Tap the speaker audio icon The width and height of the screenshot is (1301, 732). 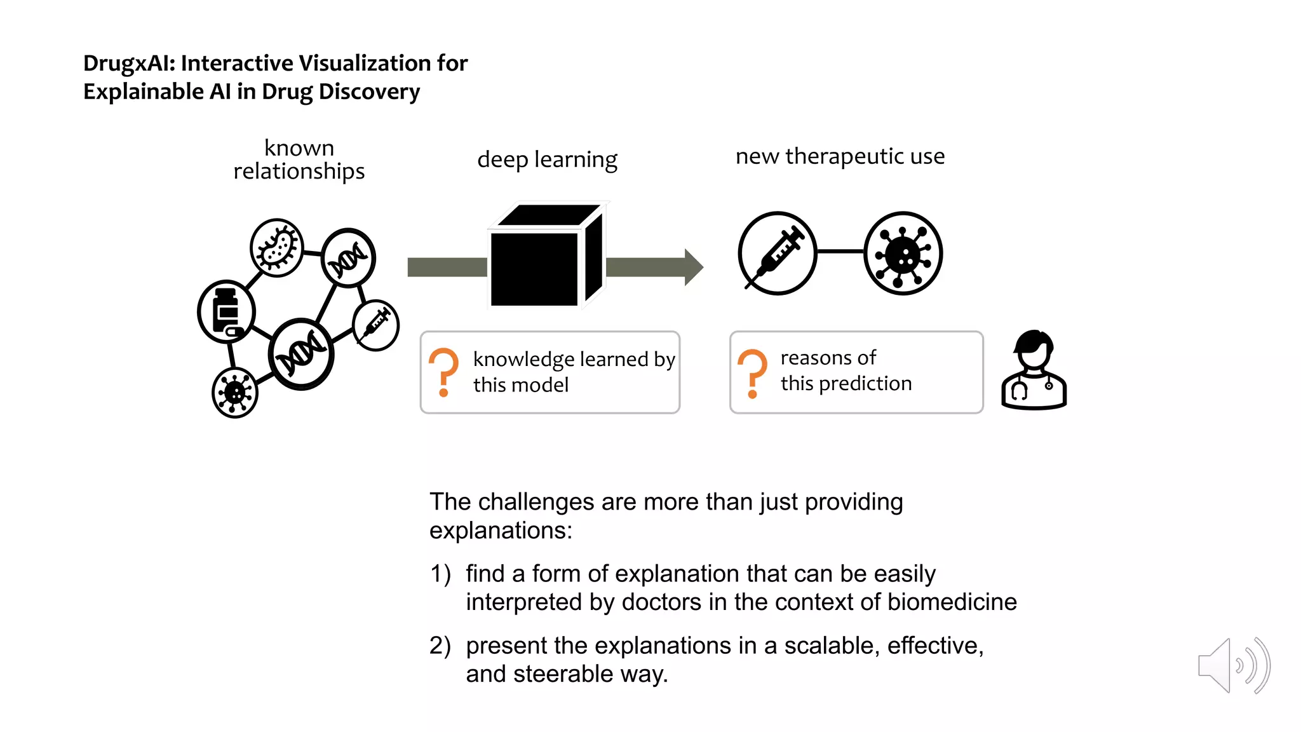pyautogui.click(x=1232, y=665)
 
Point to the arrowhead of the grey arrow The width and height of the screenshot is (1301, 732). pyautogui.click(x=694, y=267)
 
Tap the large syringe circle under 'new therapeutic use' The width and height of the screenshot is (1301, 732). pyautogui.click(x=778, y=253)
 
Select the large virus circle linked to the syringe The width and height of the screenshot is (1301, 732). pyautogui.click(x=903, y=253)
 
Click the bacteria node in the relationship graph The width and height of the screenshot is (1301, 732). pyautogui.click(x=276, y=248)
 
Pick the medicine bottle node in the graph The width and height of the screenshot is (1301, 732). pyautogui.click(x=226, y=311)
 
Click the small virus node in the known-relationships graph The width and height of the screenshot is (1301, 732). pyautogui.click(x=235, y=393)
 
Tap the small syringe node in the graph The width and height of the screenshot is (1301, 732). pyautogui.click(x=375, y=325)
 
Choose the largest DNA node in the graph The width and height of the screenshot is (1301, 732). pyautogui.click(x=301, y=353)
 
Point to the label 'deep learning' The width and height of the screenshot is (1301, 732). pyautogui.click(x=547, y=159)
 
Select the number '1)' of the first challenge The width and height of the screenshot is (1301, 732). pyautogui.click(x=440, y=574)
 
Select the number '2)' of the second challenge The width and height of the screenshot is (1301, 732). pyautogui.click(x=440, y=646)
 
